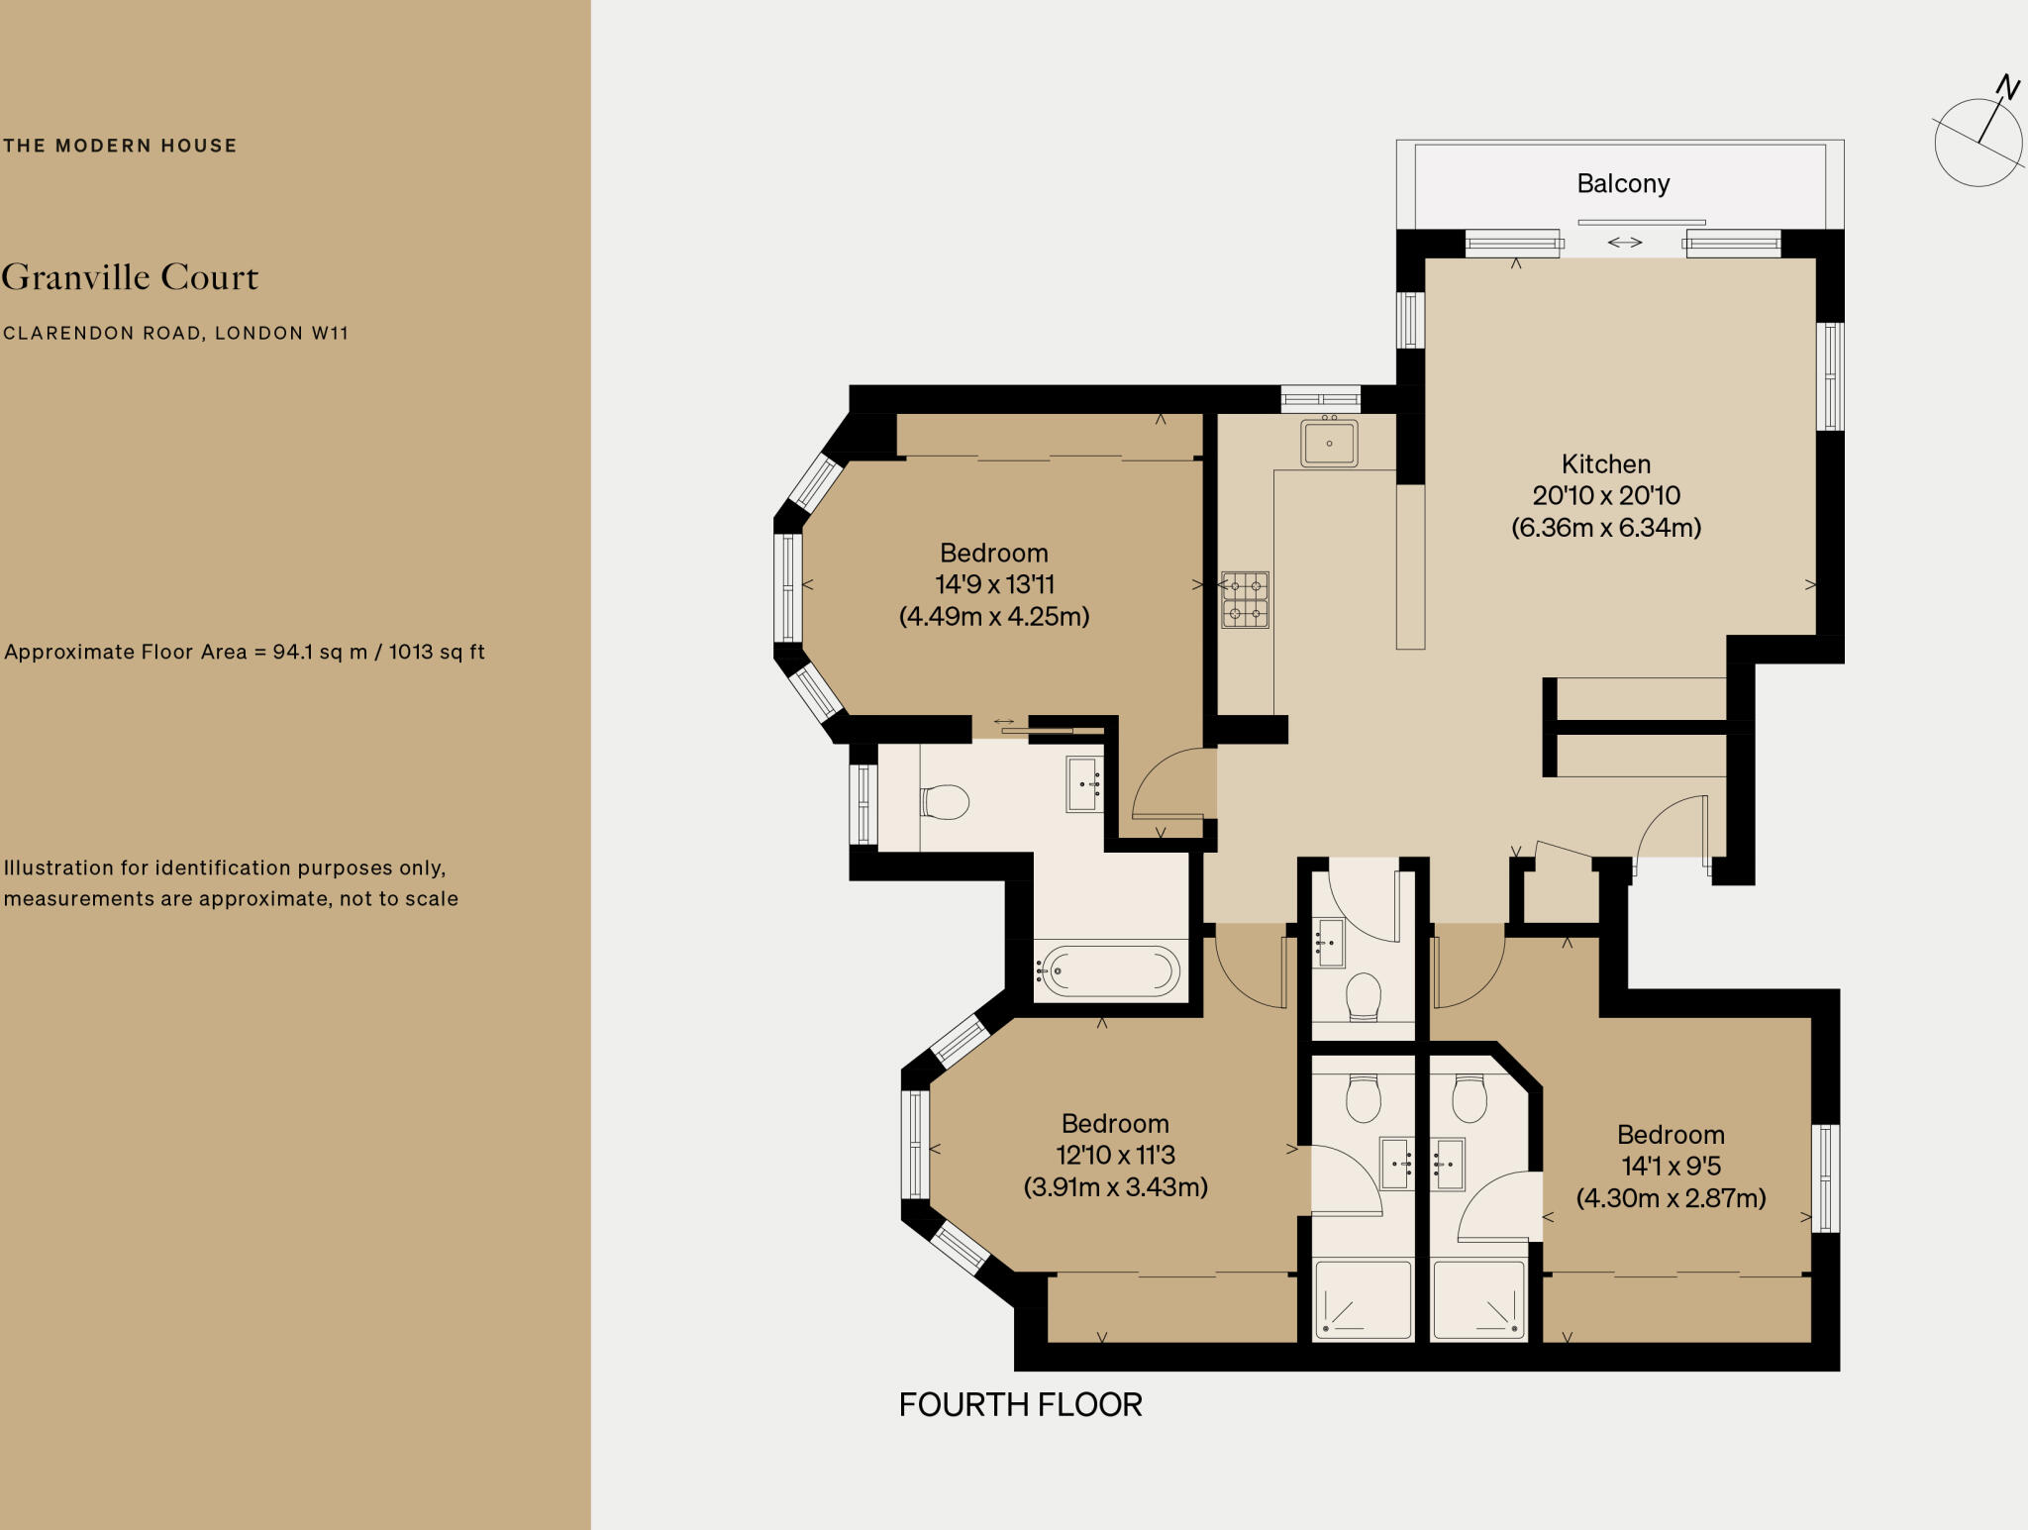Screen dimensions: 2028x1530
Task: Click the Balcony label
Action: pyautogui.click(x=1623, y=184)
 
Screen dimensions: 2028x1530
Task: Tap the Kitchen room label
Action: pyautogui.click(x=1606, y=464)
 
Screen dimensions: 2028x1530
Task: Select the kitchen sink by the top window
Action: pyautogui.click(x=1329, y=442)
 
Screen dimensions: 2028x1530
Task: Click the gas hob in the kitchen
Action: pyautogui.click(x=1245, y=600)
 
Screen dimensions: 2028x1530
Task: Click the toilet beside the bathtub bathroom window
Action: pyautogui.click(x=944, y=802)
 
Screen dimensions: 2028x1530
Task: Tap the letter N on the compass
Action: pyautogui.click(x=2007, y=88)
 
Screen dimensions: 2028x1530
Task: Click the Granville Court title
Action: pyautogui.click(x=130, y=277)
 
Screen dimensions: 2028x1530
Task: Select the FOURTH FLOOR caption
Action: pyautogui.click(x=1021, y=1404)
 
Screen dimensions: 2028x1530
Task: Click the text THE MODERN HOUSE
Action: pyautogui.click(x=120, y=146)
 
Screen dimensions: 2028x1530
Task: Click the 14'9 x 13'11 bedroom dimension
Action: pyautogui.click(x=995, y=584)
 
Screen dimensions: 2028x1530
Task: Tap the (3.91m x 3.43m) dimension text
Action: pyautogui.click(x=1116, y=1186)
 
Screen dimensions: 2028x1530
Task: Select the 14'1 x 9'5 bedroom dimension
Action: pyautogui.click(x=1672, y=1167)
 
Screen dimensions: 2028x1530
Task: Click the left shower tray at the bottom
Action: pyautogui.click(x=1363, y=1300)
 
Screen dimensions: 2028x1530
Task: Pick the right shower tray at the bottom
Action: pyautogui.click(x=1478, y=1300)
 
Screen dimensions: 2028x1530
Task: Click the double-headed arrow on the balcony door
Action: pyautogui.click(x=1625, y=242)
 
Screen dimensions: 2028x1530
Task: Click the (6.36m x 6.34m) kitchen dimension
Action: pyautogui.click(x=1606, y=528)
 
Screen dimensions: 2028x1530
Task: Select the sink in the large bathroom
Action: pyautogui.click(x=1085, y=784)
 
